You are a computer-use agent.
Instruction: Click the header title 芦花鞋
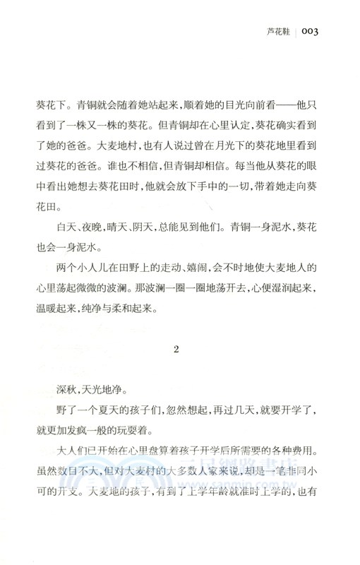click(277, 32)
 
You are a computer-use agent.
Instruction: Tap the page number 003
click(312, 32)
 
